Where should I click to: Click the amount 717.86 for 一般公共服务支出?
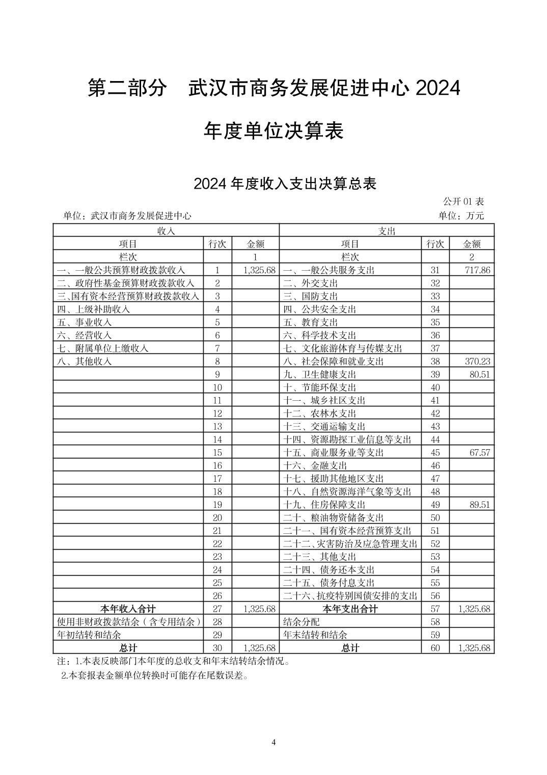pos(477,270)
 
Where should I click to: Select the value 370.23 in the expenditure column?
pos(477,361)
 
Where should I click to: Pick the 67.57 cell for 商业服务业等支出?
pos(480,453)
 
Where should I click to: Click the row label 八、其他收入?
pos(84,361)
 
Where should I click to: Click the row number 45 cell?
pos(435,453)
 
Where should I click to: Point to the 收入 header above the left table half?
pos(166,231)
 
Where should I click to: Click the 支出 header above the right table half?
pos(387,231)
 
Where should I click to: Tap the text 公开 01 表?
pos(463,202)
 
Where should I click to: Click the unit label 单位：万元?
pos(461,216)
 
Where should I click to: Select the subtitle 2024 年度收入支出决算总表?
pos(285,184)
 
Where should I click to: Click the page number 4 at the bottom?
pos(273,742)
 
